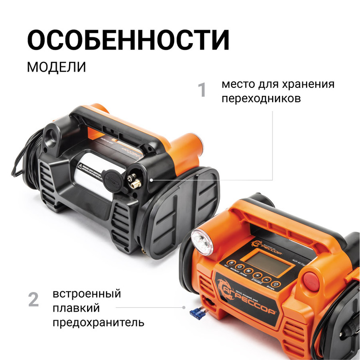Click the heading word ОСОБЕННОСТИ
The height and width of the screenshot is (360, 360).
tap(129, 41)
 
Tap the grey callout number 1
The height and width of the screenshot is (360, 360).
tap(202, 90)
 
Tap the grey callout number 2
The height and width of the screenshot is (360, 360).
tap(33, 300)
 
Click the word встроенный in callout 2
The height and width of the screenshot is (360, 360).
tap(87, 294)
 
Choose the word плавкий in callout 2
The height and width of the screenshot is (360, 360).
tap(76, 309)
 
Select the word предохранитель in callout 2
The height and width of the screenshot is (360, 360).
tap(99, 323)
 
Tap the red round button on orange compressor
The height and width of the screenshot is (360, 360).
tap(310, 278)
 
